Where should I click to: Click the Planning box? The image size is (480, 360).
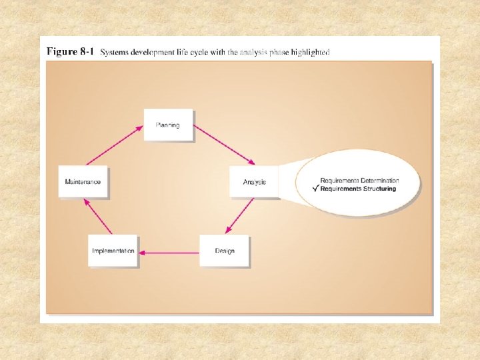tap(168, 125)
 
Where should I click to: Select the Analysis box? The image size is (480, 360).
tap(254, 181)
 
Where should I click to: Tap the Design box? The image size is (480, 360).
tap(224, 251)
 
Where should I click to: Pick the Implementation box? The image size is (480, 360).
tap(113, 251)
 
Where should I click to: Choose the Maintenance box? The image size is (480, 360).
tap(83, 181)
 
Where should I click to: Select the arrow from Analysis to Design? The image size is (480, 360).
tap(239, 216)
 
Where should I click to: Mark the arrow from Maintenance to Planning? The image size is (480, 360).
tap(115, 145)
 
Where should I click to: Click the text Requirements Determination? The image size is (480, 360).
tap(359, 181)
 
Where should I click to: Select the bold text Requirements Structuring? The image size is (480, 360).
tap(358, 189)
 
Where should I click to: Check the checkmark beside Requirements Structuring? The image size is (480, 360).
tap(315, 188)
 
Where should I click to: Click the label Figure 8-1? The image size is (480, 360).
tap(70, 52)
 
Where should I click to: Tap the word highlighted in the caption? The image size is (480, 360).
tap(312, 53)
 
